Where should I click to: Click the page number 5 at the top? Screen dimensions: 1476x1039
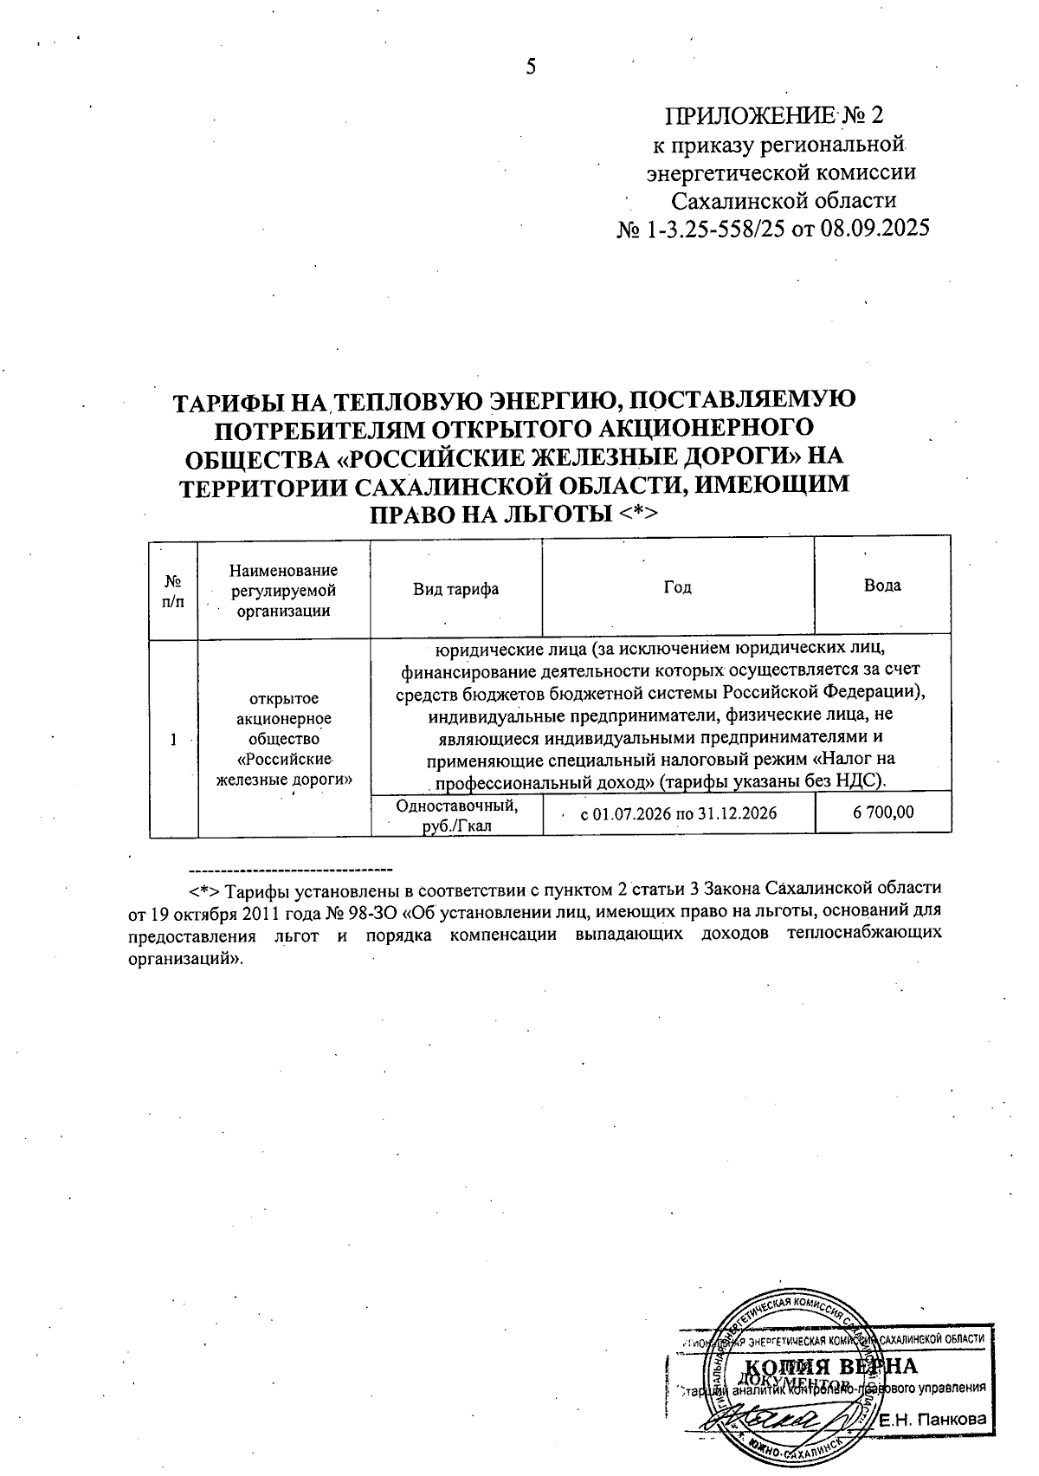tap(531, 67)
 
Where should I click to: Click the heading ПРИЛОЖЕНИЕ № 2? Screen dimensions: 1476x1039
tap(777, 115)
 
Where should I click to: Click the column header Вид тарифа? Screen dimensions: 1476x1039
tap(455, 589)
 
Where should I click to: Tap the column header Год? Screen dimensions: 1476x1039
tap(677, 587)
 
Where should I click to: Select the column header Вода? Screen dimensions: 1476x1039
tap(882, 586)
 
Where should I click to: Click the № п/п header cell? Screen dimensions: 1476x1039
tap(173, 590)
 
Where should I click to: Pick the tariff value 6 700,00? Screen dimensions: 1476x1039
tap(883, 812)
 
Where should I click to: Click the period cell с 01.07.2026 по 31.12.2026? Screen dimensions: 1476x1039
tap(678, 813)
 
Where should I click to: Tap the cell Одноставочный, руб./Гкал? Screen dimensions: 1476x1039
tap(456, 815)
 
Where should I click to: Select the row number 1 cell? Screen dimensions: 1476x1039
tap(173, 739)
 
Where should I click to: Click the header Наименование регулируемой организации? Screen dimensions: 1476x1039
tap(284, 590)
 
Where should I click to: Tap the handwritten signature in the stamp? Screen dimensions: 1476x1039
tap(779, 1421)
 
